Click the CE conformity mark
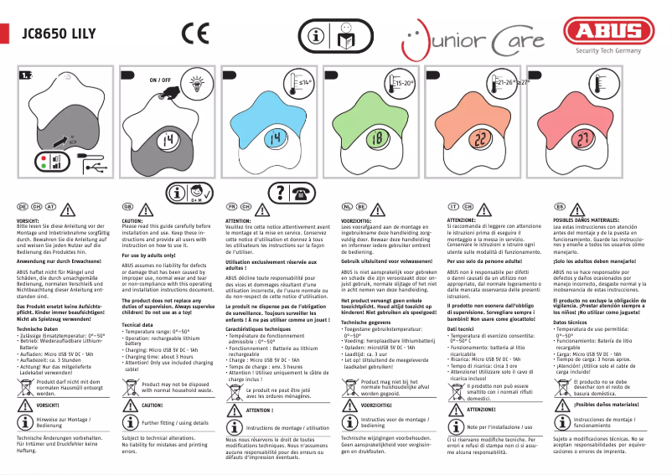click(195, 34)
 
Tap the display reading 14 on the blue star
click(276, 138)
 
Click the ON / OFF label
click(160, 80)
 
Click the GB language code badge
click(128, 206)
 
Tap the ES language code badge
click(559, 206)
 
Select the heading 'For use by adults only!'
click(148, 255)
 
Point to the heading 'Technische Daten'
click(39, 330)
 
